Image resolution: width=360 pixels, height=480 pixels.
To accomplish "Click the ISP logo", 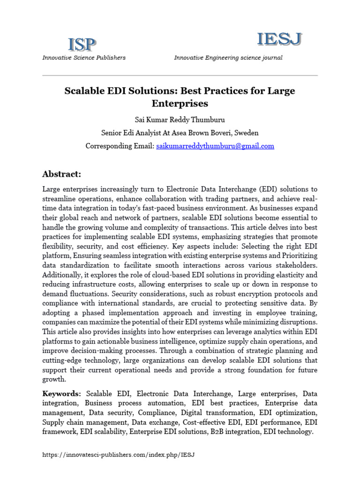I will [82, 45].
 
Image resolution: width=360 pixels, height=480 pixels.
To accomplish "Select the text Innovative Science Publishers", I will [84, 58].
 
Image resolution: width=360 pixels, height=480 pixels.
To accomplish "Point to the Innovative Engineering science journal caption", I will [228, 58].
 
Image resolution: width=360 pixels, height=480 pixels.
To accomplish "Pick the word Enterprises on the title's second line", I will [180, 103].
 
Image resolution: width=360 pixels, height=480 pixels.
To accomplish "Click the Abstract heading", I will [61, 174].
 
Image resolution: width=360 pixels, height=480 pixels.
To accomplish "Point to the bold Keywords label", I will [62, 393].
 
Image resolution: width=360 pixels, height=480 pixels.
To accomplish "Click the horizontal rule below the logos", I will [180, 75].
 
